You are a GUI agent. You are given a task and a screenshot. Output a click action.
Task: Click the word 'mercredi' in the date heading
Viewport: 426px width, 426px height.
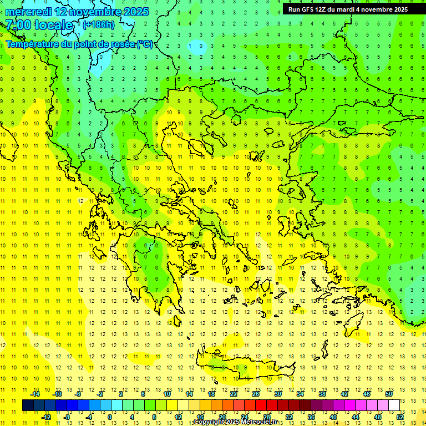click(28, 12)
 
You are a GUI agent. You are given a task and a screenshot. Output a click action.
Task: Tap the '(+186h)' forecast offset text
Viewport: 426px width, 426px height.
click(99, 24)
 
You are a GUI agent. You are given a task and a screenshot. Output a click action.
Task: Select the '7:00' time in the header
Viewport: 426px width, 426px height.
click(18, 25)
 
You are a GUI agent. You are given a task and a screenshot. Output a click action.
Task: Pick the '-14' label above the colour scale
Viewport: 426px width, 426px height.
click(34, 394)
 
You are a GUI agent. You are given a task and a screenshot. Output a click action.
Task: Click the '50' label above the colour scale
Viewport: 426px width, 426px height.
click(389, 394)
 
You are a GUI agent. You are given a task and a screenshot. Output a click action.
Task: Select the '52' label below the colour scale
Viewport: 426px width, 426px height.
click(400, 417)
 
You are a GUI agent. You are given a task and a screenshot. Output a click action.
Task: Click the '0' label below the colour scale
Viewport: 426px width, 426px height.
click(110, 417)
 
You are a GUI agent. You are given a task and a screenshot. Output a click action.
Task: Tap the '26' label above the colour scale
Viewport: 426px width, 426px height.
click(256, 394)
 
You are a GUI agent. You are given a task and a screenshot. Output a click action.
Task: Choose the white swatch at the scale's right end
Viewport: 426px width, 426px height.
click(394, 405)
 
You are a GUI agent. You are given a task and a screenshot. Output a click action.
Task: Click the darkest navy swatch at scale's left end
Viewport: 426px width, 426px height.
click(28, 405)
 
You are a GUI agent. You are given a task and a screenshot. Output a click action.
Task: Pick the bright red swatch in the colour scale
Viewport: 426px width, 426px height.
click(261, 405)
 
